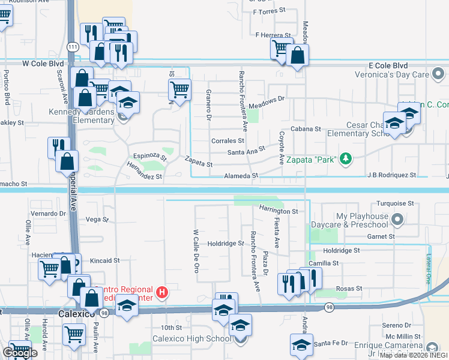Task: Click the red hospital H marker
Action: (161, 293)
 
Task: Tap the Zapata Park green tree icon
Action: (345, 158)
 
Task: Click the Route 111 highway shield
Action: (72, 47)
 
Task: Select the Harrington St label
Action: (279, 211)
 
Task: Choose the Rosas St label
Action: (349, 289)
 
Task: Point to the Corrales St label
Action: (228, 140)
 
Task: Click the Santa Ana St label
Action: (246, 151)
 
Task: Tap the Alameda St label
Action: (240, 176)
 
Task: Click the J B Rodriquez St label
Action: (393, 175)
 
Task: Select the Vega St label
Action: (96, 220)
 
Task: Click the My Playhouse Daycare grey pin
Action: (397, 220)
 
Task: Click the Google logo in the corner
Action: (20, 352)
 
